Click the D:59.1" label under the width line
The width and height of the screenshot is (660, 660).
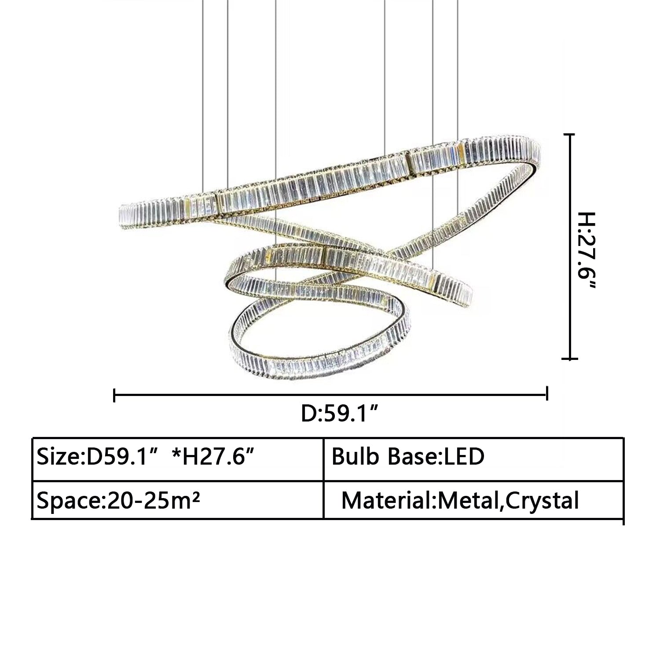[340, 414]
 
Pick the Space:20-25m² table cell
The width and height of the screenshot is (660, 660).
[178, 500]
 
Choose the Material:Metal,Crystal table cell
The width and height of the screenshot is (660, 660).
[473, 500]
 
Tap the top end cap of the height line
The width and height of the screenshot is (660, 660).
[570, 135]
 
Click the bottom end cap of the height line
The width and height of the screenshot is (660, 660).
[570, 359]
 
